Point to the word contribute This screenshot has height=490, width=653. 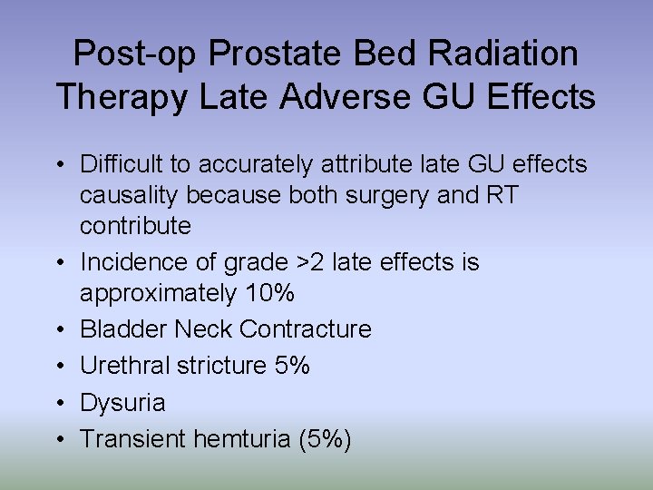coord(135,226)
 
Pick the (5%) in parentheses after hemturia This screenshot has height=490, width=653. coord(323,439)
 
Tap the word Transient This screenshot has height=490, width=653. coord(131,439)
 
